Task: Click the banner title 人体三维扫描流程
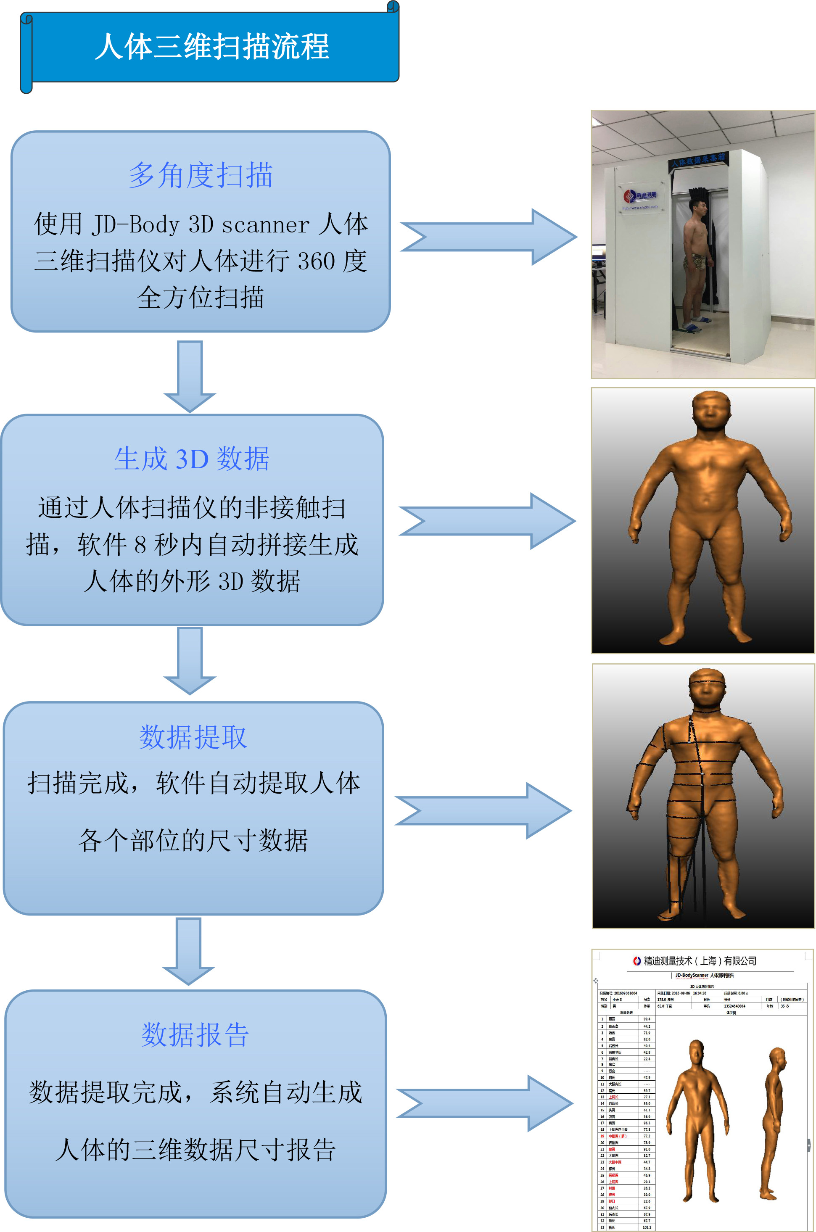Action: pyautogui.click(x=212, y=47)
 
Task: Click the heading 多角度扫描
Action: pyautogui.click(x=201, y=175)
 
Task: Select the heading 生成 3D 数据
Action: pyautogui.click(x=192, y=459)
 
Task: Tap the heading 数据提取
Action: pyautogui.click(x=193, y=737)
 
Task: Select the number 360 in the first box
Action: pyautogui.click(x=316, y=261)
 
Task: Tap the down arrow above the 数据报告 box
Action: pyautogui.click(x=188, y=950)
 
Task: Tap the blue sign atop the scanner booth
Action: pyautogui.click(x=698, y=159)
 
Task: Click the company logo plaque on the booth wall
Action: pyautogui.click(x=640, y=197)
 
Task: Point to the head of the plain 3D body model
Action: pyautogui.click(x=711, y=411)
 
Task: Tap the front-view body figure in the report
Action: pyautogui.click(x=698, y=1119)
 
